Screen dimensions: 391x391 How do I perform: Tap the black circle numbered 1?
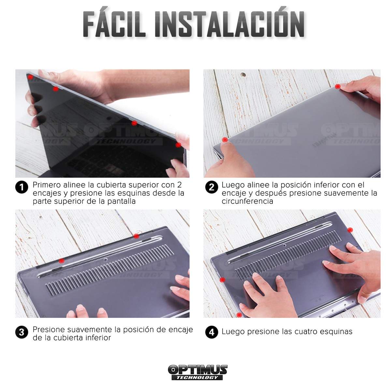(22, 187)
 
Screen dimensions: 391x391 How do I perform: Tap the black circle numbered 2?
(212, 187)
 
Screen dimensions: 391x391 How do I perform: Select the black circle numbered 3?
(22, 332)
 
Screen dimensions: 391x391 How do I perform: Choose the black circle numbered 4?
(212, 332)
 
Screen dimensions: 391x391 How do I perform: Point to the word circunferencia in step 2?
(247, 201)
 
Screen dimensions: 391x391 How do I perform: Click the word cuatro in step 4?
(299, 332)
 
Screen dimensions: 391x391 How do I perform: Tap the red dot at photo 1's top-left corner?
(30, 77)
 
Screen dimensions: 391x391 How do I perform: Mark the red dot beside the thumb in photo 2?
(225, 139)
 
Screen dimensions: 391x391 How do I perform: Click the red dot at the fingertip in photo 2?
(338, 87)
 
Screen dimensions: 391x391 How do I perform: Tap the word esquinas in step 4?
(336, 332)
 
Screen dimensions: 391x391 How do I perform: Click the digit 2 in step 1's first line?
(179, 185)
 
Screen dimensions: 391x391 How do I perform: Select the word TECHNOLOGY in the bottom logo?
(197, 377)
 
